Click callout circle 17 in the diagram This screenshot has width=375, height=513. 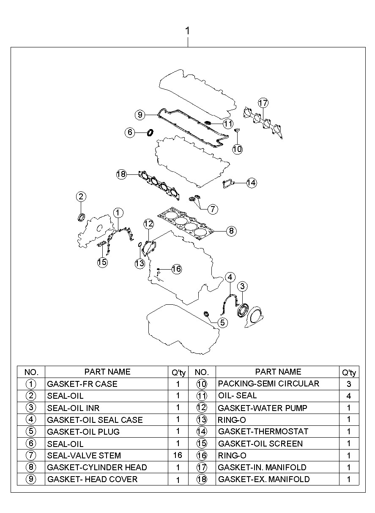[263, 103]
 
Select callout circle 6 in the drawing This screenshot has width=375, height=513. [130, 132]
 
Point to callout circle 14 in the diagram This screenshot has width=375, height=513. [251, 182]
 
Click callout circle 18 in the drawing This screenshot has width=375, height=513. [121, 174]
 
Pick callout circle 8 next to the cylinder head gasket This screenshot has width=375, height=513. [231, 231]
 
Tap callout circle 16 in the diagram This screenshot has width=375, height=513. [176, 268]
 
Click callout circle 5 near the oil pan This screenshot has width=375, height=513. [222, 323]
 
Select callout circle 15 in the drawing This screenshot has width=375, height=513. [102, 262]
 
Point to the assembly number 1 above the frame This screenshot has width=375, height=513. [187, 31]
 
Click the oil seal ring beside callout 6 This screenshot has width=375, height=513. [150, 132]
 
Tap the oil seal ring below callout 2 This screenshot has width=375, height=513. [81, 218]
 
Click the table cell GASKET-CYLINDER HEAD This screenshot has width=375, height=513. [97, 467]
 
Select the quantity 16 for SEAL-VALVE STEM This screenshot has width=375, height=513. [178, 455]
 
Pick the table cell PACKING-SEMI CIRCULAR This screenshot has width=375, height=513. [268, 384]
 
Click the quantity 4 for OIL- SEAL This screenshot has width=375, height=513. [349, 396]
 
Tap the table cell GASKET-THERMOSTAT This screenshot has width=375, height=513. [263, 431]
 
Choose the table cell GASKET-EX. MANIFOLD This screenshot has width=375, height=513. [264, 479]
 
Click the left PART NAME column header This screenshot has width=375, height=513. [107, 372]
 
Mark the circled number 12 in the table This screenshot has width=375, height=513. [202, 408]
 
